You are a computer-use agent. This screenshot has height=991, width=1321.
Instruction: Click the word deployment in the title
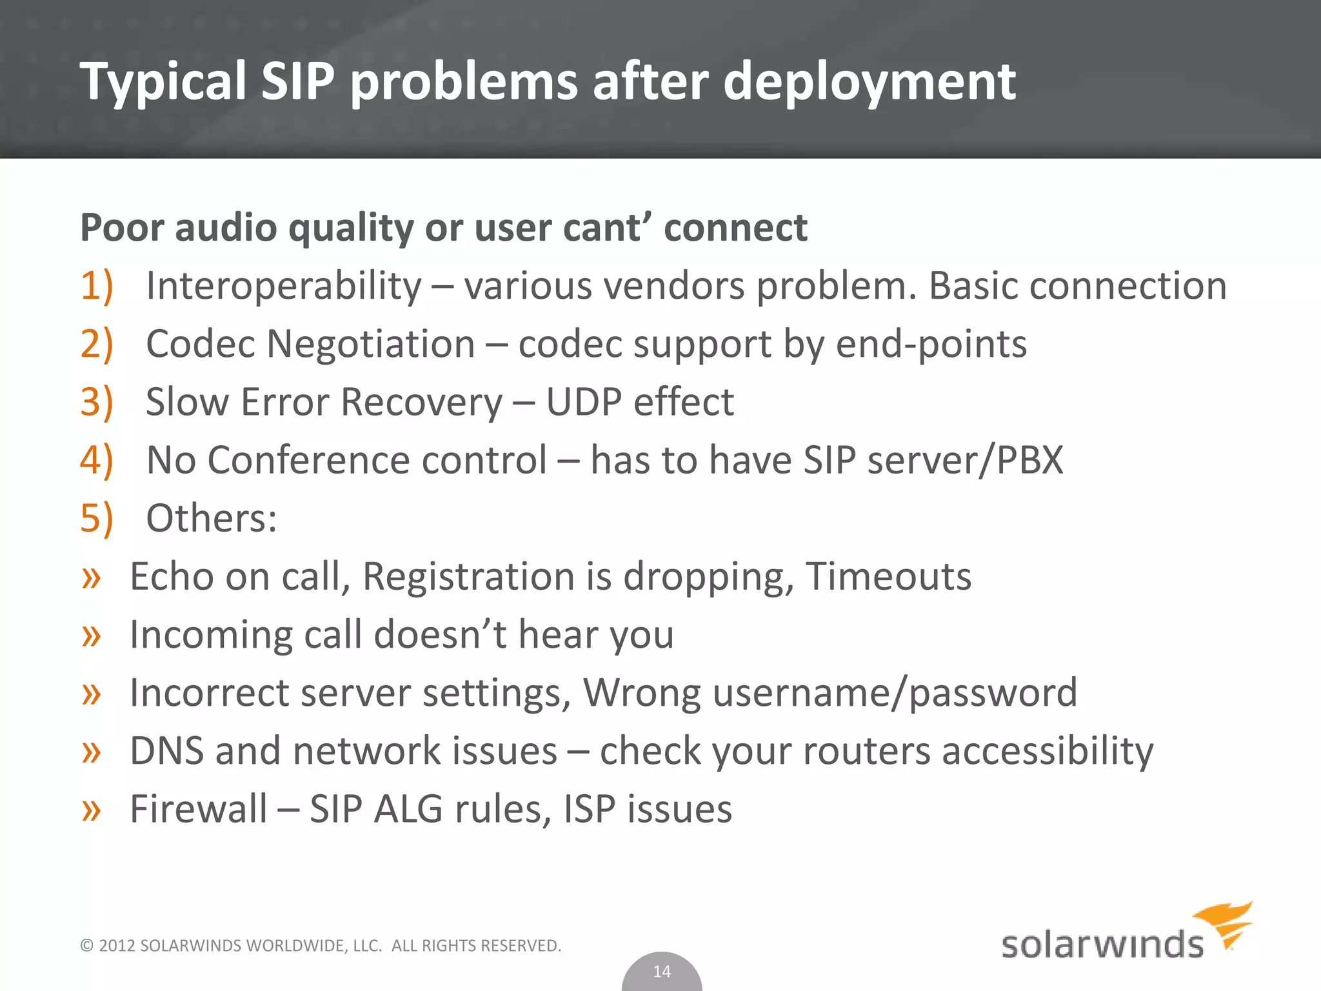pos(869,83)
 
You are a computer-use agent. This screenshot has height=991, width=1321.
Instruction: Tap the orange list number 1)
pos(97,286)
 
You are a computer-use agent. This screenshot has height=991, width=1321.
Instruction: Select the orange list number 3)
pos(97,402)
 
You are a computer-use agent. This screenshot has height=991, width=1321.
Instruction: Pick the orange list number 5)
pos(97,518)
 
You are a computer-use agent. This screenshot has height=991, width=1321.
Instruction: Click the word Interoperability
pos(284,286)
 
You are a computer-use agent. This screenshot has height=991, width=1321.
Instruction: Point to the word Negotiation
pos(370,344)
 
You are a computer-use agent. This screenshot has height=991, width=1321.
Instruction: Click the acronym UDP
pos(584,402)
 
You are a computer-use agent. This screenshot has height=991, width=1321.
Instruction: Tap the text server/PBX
pos(965,460)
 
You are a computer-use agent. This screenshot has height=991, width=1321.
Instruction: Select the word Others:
pos(212,518)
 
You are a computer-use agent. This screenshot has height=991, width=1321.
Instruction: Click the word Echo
pos(172,576)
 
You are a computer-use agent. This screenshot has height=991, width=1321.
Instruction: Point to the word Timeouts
pos(888,576)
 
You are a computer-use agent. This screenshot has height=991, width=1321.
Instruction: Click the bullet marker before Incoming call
pos(92,636)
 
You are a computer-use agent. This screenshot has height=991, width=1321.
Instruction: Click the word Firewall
pos(198,809)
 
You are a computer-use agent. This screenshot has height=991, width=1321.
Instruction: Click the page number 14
pos(662,972)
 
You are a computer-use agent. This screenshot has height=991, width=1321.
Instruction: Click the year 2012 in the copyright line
pos(117,946)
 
